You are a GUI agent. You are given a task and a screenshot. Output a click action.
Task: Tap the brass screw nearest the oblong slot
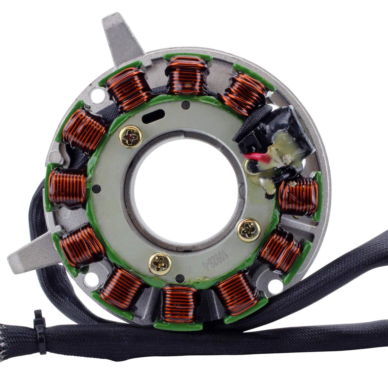point(130,137)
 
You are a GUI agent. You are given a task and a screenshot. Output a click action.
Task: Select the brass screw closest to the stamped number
point(249,231)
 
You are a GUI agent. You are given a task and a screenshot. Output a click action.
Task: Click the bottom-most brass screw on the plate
point(160,264)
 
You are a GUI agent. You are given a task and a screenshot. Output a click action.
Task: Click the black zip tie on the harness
point(39,327)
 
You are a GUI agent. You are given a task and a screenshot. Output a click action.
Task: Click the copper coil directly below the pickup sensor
point(298,197)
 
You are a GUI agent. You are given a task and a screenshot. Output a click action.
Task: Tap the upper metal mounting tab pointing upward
point(121,36)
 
